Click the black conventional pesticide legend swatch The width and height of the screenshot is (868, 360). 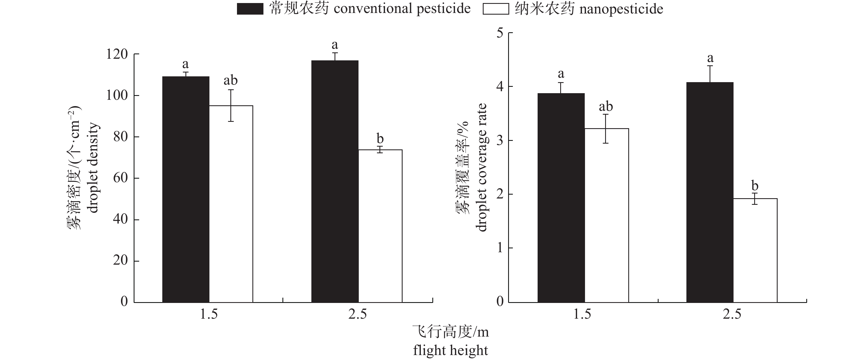250,9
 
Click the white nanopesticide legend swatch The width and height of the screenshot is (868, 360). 495,9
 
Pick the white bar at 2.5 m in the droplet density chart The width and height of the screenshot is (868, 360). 380,226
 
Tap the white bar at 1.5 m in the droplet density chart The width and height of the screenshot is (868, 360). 231,204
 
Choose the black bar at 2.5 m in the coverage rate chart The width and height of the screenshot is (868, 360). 710,192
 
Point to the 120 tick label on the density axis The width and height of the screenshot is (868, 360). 117,54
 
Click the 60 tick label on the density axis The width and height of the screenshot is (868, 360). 120,178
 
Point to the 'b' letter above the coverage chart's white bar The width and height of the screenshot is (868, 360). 755,186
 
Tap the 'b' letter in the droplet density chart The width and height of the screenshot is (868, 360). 380,139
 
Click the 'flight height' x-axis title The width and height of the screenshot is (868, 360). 451,351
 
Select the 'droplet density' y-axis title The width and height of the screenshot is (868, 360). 92,168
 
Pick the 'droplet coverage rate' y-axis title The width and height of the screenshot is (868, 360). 481,168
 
